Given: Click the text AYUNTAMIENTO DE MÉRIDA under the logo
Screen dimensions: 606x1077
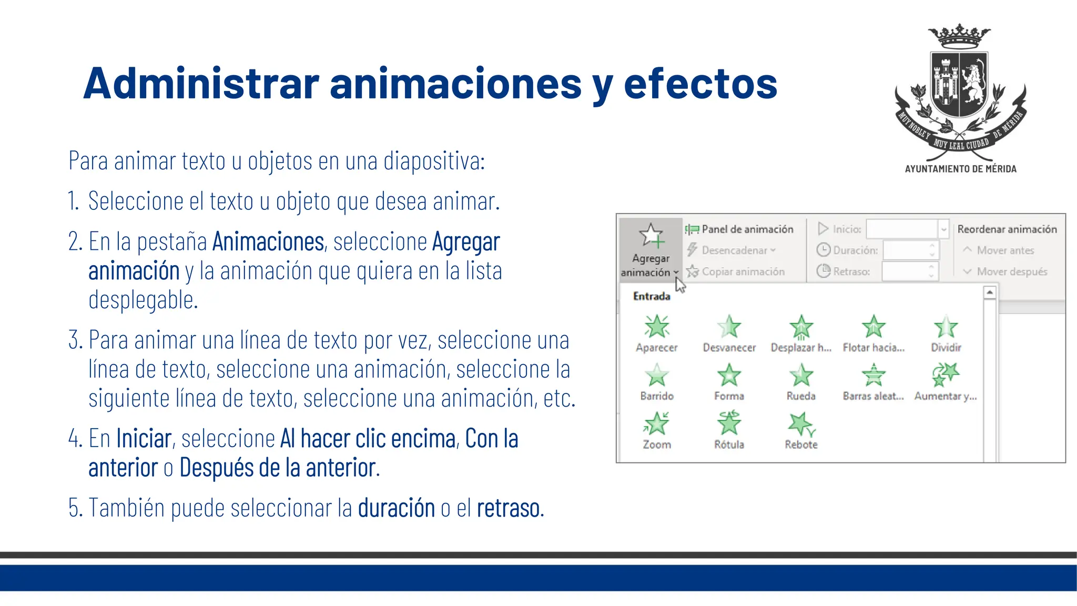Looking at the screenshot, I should tap(960, 169).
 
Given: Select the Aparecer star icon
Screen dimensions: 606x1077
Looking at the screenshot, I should tap(656, 326).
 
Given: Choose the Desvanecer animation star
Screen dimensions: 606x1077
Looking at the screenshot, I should tap(729, 326).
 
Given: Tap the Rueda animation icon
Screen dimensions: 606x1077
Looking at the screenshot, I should tap(801, 375).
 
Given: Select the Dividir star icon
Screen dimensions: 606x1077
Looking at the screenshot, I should tap(946, 326).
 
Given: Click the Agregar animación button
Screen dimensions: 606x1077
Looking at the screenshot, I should tap(651, 249).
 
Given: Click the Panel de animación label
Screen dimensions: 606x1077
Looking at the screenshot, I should tap(747, 229).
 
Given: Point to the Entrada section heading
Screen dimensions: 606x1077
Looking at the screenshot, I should tap(652, 296).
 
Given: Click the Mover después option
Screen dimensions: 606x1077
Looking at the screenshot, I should tap(1011, 271).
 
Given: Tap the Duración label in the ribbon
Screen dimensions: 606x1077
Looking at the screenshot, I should tap(855, 250).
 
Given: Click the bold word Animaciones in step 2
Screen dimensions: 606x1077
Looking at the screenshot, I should tap(268, 241).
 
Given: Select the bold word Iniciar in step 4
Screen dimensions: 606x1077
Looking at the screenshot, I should tap(144, 438).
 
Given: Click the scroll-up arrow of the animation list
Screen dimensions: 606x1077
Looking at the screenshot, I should tap(990, 292).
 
